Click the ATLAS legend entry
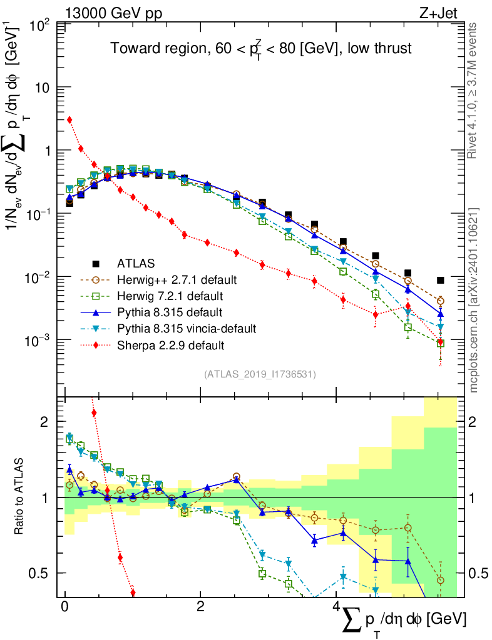136,263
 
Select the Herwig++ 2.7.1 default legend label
177,279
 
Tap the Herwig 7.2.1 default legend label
170,296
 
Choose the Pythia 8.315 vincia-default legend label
187,329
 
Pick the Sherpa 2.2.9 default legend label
170,345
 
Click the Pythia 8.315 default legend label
170,312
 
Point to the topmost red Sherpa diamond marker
69,119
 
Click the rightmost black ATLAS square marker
440,280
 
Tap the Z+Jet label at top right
438,13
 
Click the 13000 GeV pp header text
113,13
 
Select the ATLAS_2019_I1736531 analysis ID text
260,374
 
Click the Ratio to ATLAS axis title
19,496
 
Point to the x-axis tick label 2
200,606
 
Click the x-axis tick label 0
64,606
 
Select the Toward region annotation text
261,48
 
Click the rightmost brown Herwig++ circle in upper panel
440,301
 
